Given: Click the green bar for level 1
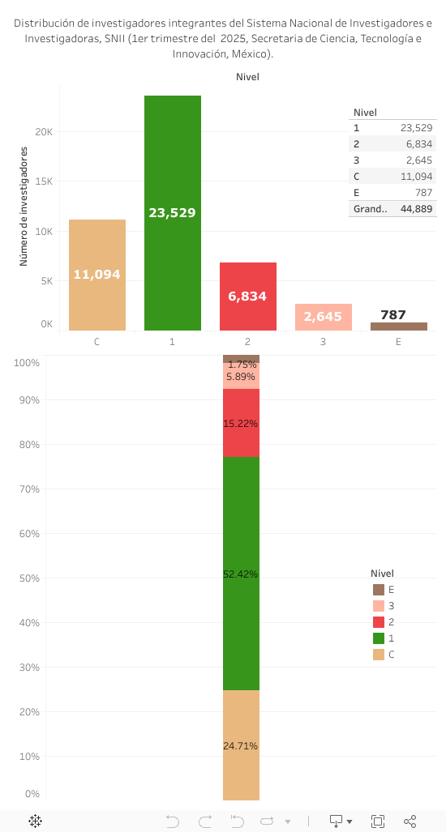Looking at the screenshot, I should pos(173,162).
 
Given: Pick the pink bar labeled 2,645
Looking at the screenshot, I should pos(323,317).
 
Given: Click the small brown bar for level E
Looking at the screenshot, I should pos(398,326).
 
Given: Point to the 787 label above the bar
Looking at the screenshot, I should pos(393,315).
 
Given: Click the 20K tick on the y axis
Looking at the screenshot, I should pos(45,132).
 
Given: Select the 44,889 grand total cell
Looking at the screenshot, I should pos(416,209).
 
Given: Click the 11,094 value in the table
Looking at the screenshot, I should pos(416,177).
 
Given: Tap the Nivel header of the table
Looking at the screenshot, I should pos(366,113).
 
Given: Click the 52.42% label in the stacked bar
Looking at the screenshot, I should pos(241,574).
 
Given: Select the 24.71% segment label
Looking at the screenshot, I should pos(241,746).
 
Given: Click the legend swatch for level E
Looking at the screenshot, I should pos(379,590).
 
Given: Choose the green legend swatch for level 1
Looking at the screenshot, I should pos(379,638).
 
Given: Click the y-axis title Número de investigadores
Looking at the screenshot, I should pos(24,207).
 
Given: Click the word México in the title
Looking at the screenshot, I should pos(251,54).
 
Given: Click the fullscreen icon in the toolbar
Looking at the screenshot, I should pos(378,821).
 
